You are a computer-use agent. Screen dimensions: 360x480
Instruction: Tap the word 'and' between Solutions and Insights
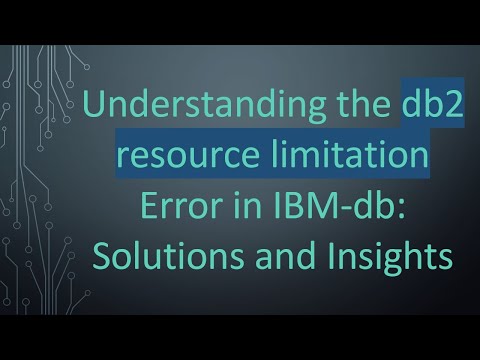click(x=284, y=252)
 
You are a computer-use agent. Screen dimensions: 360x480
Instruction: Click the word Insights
click(x=385, y=252)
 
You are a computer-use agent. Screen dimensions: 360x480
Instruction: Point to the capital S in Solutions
click(x=101, y=252)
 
